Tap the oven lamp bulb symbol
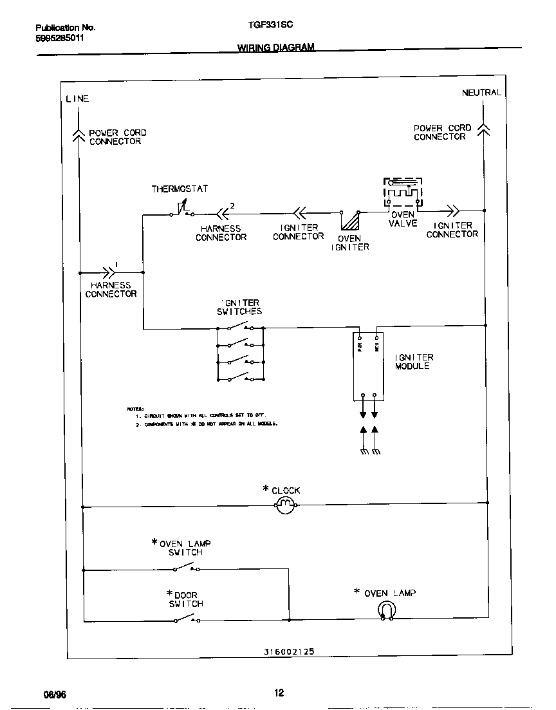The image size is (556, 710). (x=387, y=610)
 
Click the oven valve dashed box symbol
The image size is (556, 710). (x=403, y=193)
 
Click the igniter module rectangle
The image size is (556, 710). (x=369, y=366)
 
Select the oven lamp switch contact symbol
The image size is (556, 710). (x=186, y=567)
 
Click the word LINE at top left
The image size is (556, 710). (x=77, y=98)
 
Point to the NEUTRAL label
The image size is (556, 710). (x=481, y=93)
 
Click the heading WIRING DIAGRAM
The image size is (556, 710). (x=276, y=48)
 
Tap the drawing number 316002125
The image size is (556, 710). (x=289, y=651)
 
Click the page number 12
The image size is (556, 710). (x=279, y=693)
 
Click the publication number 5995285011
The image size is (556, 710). (x=59, y=38)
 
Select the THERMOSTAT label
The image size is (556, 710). (x=180, y=189)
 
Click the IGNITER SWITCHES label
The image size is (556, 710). (x=239, y=307)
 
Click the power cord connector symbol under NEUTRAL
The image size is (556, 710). (x=484, y=131)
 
